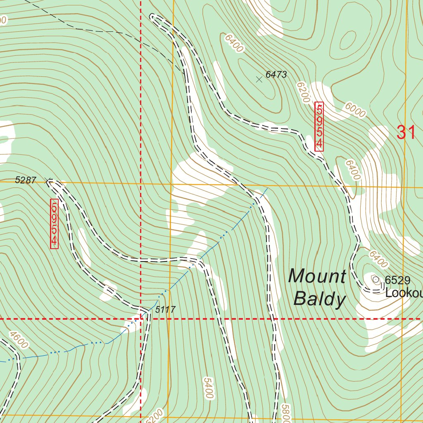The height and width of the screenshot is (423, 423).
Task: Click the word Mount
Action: (x=317, y=276)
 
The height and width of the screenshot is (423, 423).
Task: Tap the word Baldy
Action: (x=319, y=299)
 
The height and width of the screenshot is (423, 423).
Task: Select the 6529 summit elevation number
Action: (x=397, y=280)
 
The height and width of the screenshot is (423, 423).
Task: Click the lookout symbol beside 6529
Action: (x=376, y=280)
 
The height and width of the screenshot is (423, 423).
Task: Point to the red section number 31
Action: (x=406, y=133)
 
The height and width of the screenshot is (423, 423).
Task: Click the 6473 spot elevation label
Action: (x=276, y=75)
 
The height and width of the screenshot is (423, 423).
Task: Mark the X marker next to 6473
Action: (x=259, y=79)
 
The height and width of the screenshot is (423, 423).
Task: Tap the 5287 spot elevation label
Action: (x=26, y=180)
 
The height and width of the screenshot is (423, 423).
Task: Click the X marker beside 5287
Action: (x=49, y=180)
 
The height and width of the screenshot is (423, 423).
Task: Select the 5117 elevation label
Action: (x=165, y=309)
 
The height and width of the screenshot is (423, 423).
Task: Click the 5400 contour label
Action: (x=208, y=387)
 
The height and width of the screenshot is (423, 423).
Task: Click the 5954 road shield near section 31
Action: (x=319, y=126)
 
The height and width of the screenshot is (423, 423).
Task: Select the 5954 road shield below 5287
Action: (x=54, y=224)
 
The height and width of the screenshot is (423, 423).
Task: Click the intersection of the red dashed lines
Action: (x=141, y=319)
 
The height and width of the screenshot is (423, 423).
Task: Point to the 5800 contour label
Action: (x=285, y=413)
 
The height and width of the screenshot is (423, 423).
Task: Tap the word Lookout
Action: (x=404, y=293)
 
